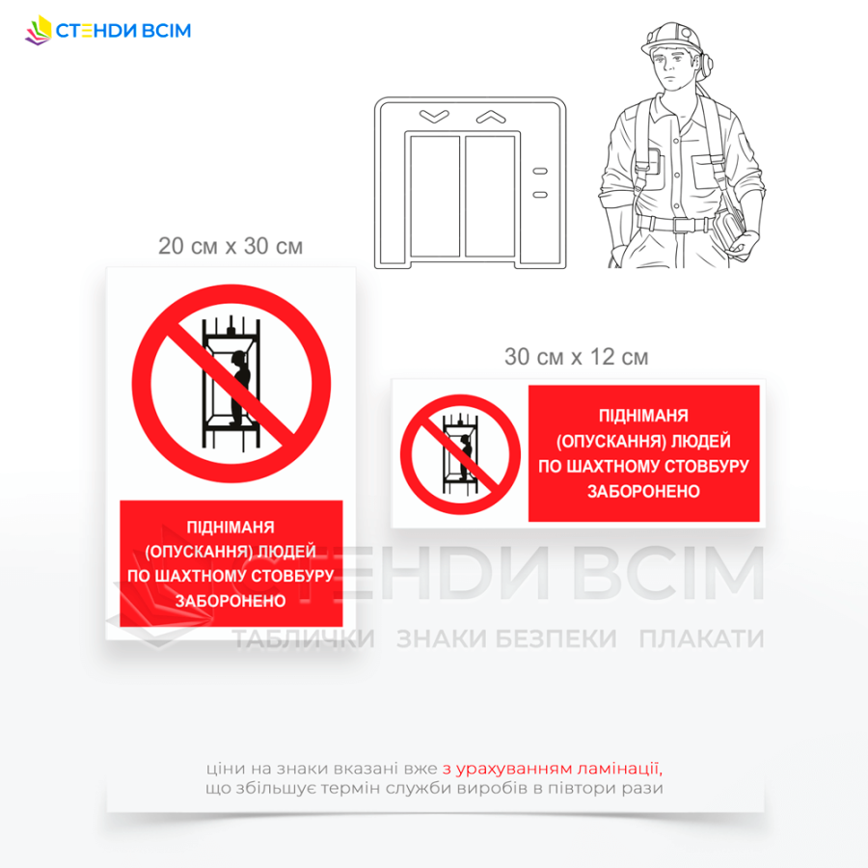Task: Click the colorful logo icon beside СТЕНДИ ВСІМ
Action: (39, 30)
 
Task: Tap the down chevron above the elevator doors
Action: (434, 116)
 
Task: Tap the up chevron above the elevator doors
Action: (491, 117)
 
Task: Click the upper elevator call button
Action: (540, 171)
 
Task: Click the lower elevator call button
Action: (540, 194)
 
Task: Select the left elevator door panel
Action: (435, 197)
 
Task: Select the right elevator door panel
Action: (491, 197)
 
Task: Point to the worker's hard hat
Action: (671, 39)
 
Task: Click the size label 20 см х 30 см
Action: (231, 246)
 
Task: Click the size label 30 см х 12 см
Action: (577, 357)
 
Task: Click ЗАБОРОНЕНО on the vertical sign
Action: (231, 601)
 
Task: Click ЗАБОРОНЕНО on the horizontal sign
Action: (644, 491)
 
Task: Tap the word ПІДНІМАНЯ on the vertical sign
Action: (231, 527)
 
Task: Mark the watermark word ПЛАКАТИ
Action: (701, 638)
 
